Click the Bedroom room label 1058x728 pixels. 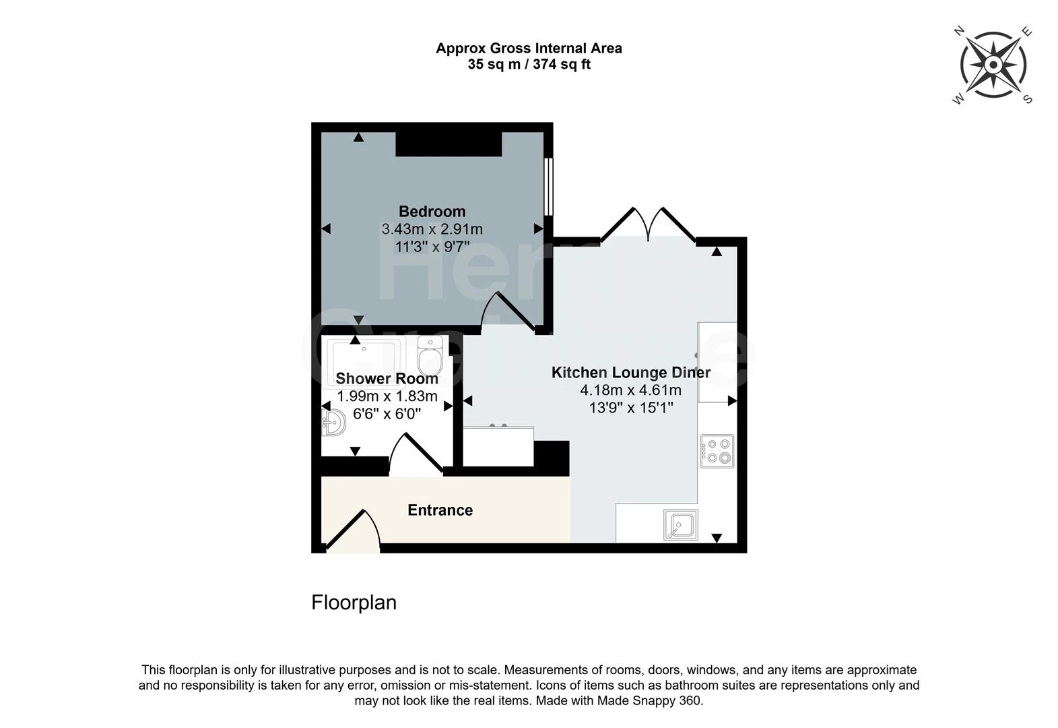coord(432,212)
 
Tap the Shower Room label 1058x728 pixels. coord(387,379)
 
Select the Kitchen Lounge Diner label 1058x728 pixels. coord(630,373)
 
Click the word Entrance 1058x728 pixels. coord(440,510)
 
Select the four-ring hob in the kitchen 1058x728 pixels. coord(717,452)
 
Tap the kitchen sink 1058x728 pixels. coord(680,525)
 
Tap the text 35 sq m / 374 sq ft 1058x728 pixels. coord(529,65)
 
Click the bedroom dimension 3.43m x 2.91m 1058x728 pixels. coord(432,229)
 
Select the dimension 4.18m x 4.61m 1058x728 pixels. coord(630,390)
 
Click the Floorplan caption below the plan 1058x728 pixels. coord(354,602)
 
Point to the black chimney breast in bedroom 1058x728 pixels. coord(449,144)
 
